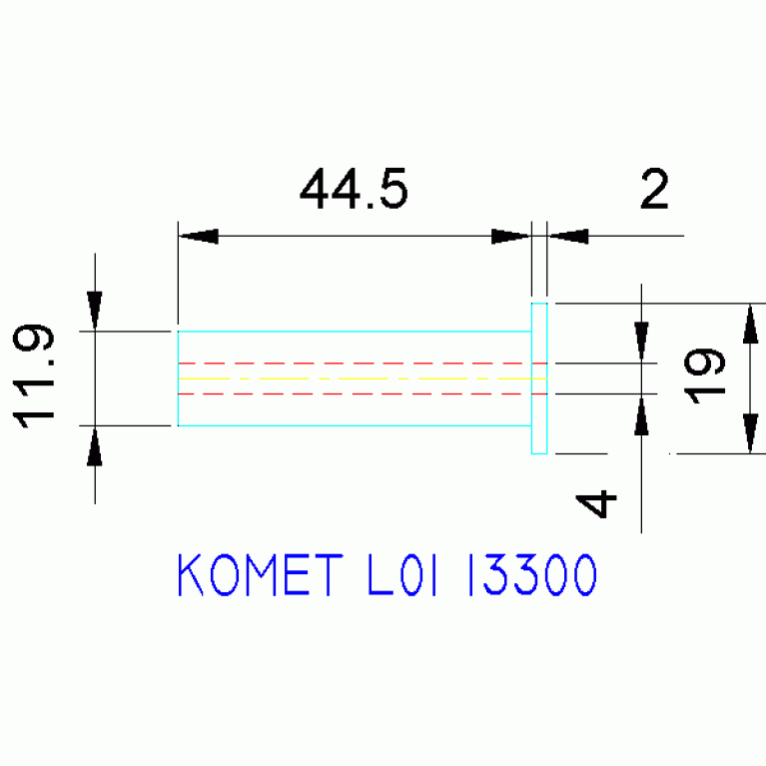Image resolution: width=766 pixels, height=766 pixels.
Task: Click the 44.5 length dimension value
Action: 354,189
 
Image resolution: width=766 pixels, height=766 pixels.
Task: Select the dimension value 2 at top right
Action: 654,189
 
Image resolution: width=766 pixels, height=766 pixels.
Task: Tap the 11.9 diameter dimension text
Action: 33,377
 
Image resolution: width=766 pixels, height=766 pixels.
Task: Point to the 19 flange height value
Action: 704,376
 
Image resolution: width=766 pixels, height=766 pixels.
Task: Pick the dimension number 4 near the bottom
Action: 596,503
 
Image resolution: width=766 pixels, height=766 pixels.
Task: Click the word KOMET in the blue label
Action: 261,574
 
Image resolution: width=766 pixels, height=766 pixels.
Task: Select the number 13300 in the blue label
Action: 532,574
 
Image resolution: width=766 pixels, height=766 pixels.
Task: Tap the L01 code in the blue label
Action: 401,574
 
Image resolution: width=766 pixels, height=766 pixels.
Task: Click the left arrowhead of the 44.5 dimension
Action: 199,236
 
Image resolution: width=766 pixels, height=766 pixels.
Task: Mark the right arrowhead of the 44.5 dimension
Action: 510,236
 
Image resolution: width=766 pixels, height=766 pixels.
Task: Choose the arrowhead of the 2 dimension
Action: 568,236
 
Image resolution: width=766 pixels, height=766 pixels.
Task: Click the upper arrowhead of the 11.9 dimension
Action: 95,311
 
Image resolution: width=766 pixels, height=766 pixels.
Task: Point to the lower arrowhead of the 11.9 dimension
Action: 95,446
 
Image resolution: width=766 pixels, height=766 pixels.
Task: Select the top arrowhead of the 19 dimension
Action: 750,324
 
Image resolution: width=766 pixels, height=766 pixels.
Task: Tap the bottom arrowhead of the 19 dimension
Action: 750,433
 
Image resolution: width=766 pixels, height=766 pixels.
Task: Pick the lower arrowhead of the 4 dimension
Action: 641,414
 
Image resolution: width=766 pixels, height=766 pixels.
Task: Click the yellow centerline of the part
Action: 363,379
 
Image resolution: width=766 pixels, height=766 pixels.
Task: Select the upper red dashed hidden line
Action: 363,364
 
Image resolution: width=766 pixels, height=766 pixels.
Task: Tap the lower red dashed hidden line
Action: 363,393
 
